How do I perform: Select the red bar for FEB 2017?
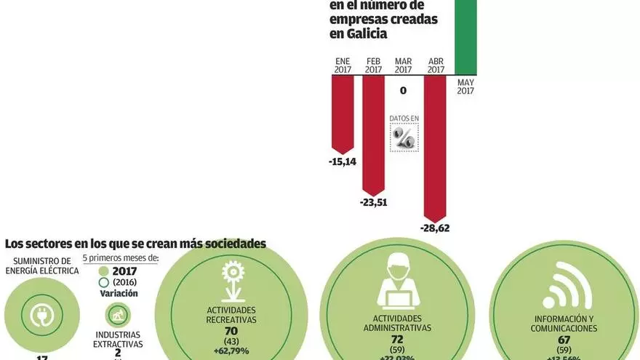pos(373,131)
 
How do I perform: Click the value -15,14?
pos(342,161)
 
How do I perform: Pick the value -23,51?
pos(372,202)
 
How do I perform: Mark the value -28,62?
pos(435,228)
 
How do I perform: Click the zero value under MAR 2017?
pos(403,91)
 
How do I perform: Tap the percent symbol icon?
pos(404,137)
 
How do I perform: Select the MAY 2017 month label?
pos(466,87)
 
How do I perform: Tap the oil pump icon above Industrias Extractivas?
pos(117,314)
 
